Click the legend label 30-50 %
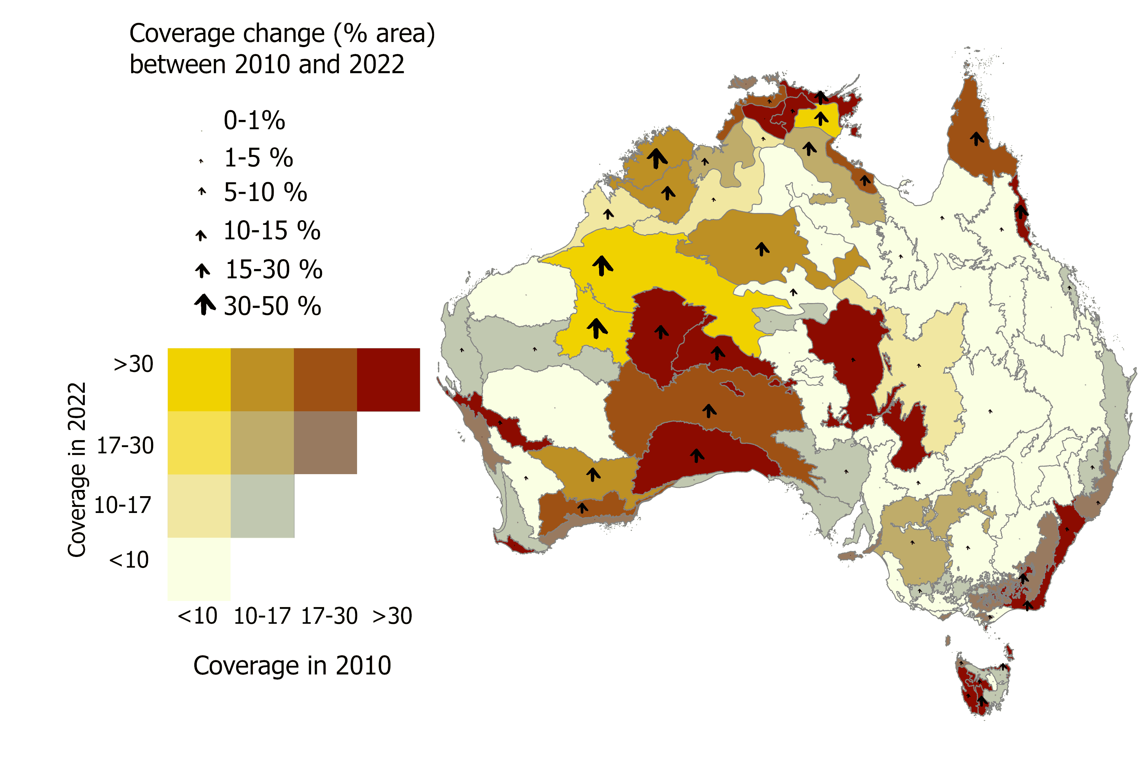(x=273, y=306)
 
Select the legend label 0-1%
(x=254, y=120)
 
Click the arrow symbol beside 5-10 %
(x=202, y=191)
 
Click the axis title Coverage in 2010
(x=292, y=666)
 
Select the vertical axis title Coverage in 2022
(x=77, y=469)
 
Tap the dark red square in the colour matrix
(x=388, y=380)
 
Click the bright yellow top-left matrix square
(x=199, y=380)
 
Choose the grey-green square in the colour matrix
(x=262, y=506)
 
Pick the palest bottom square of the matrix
(x=199, y=569)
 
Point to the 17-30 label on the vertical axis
(x=125, y=446)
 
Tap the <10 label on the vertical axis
(x=129, y=560)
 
